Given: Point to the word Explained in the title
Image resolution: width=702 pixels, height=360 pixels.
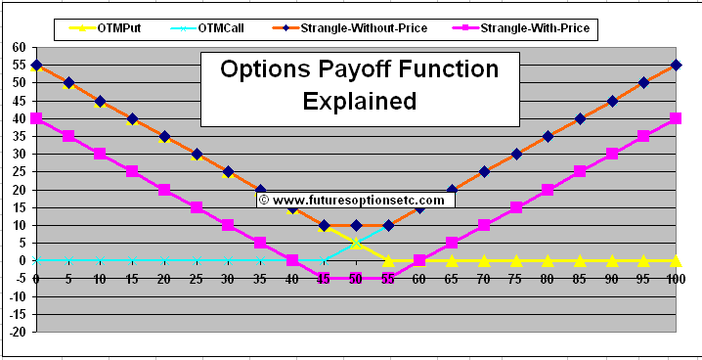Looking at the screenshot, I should point(359,100).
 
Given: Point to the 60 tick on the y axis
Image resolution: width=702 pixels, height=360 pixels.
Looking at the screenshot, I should point(19,47).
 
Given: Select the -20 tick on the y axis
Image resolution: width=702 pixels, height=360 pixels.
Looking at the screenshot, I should point(16,332).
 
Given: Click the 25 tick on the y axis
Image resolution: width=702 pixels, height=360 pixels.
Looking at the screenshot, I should point(19,171).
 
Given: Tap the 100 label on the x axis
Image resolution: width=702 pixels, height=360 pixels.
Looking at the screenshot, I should point(675,279).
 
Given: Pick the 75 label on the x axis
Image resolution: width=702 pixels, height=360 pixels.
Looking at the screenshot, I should point(515,279).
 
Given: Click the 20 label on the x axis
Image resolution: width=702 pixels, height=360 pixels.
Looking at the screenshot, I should point(164,279).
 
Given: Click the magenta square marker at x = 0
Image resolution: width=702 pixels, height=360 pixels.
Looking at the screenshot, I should point(36,118).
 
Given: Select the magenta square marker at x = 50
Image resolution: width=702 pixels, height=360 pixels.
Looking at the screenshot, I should point(356,278).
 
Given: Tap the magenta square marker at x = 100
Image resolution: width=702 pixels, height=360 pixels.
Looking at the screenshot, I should point(676,118).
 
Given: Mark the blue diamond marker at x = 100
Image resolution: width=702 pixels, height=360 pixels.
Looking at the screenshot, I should point(676,65).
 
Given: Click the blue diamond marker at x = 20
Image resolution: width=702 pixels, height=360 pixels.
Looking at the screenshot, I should point(164,136).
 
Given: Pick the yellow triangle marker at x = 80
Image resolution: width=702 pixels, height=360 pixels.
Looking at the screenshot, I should point(548,260).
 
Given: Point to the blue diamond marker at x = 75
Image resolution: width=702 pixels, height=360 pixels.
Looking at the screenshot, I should point(516,154).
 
